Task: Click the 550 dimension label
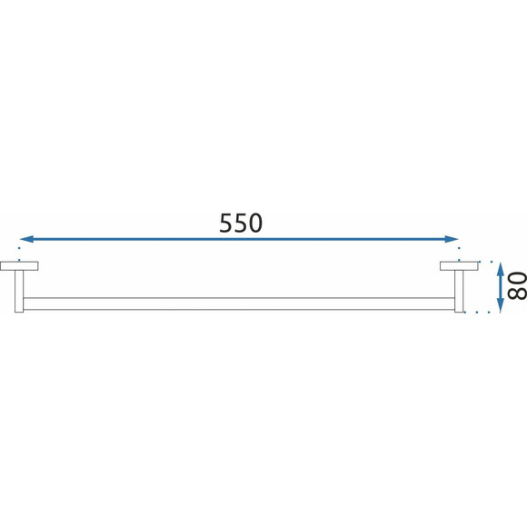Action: (241, 223)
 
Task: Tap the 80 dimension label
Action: (517, 285)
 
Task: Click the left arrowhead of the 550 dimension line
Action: (27, 239)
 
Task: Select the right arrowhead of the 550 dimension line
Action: (452, 239)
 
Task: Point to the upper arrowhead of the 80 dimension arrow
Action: (501, 269)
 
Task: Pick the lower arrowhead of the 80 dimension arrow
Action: (501, 306)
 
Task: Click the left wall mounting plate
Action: (19, 266)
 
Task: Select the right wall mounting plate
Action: (459, 266)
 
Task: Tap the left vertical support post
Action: (19, 291)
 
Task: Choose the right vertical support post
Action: (459, 291)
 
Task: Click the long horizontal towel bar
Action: (239, 303)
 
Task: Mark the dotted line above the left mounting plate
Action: (19, 254)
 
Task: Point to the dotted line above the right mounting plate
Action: (459, 254)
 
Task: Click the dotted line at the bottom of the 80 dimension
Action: (477, 313)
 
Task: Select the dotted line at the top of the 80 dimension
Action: (485, 262)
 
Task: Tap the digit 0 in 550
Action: (255, 223)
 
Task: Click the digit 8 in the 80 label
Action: (517, 293)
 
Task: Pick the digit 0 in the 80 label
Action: (517, 278)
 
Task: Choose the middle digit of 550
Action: (241, 223)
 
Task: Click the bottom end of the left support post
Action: (19, 313)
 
